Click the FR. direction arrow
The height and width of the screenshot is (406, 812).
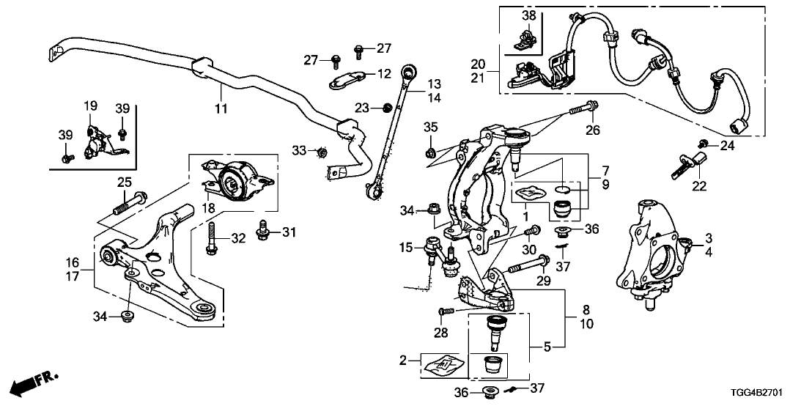coord(34,381)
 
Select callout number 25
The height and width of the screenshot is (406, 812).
coord(124,182)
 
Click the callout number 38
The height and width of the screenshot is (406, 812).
coord(529,15)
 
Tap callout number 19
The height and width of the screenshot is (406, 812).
coord(90,107)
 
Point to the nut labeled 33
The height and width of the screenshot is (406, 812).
coord(320,152)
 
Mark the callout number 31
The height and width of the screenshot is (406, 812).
coord(289,232)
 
